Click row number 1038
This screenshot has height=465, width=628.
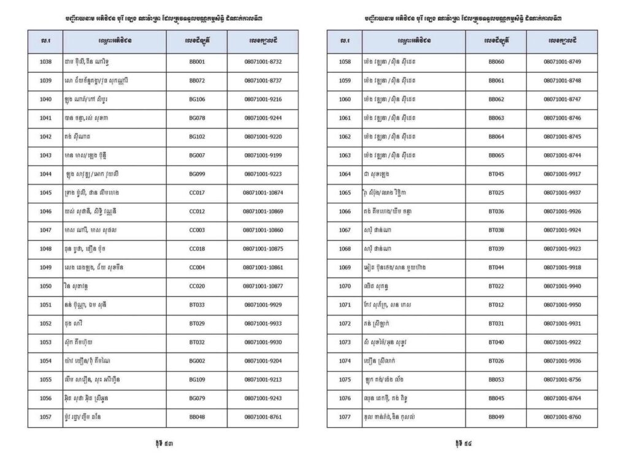pos(45,62)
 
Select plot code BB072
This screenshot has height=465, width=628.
pos(197,80)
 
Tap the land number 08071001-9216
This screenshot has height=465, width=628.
pos(262,99)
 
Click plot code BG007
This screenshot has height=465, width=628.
pos(197,155)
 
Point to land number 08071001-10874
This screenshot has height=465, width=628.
pos(262,192)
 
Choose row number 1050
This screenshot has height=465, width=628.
pos(45,286)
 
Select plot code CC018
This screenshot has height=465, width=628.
pos(197,249)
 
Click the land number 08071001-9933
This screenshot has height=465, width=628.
pos(262,323)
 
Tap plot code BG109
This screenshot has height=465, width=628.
pos(197,379)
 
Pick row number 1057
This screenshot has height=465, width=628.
pos(45,417)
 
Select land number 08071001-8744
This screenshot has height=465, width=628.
pos(562,155)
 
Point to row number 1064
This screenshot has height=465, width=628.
pos(345,174)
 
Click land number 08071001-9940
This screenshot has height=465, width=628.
pos(562,286)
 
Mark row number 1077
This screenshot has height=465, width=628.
pos(345,417)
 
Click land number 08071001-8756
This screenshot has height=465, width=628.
pos(562,379)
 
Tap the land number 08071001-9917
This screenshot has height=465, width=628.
pos(562,174)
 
